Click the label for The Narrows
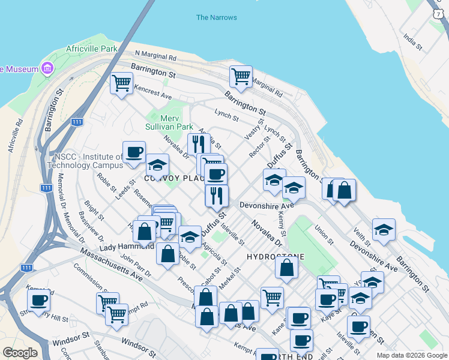216,17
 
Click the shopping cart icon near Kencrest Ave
122,82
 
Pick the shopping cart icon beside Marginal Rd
241,76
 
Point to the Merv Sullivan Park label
169,122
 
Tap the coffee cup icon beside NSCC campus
133,152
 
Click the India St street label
413,42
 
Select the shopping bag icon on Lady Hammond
145,230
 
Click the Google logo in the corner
20,353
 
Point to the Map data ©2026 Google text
411,355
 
